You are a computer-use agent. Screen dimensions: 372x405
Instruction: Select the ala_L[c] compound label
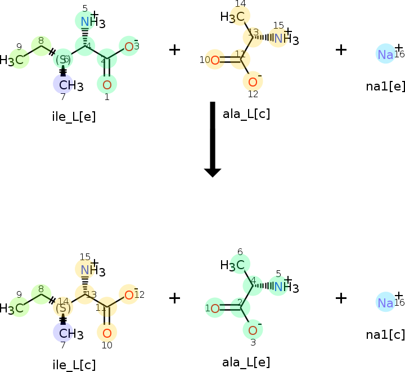pos(246,114)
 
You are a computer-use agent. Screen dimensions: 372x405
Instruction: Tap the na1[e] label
pos(385,86)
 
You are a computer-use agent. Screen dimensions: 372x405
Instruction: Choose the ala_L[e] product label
pos(246,362)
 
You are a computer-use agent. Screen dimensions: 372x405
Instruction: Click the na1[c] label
pos(385,334)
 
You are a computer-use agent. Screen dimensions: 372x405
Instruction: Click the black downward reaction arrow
pos(212,140)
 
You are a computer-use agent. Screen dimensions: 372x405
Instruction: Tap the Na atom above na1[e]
pos(385,54)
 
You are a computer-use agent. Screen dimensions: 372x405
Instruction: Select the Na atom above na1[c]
pos(385,302)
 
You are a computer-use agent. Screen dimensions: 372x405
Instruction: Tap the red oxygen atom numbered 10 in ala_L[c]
pos(214,59)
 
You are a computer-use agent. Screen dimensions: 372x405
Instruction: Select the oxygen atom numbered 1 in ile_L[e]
pos(107,85)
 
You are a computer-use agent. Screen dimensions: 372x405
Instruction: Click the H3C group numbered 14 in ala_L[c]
pos(234,17)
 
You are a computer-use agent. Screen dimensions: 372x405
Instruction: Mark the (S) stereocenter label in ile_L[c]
pos(63,307)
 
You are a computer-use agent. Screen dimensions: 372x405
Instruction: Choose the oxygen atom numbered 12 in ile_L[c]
pos(129,295)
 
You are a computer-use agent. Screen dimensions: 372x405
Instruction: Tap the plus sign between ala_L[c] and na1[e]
pos(341,49)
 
